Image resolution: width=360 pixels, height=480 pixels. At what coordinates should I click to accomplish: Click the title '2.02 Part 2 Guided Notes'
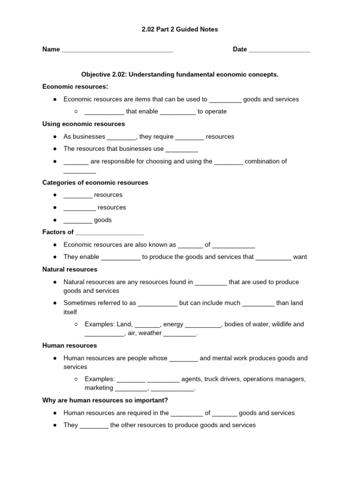click(180, 30)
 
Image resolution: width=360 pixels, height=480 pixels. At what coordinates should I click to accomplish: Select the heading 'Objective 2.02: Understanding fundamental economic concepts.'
click(180, 75)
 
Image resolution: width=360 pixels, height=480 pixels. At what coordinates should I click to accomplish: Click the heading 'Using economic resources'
click(83, 124)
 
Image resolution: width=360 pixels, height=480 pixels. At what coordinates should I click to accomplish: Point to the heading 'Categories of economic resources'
click(95, 183)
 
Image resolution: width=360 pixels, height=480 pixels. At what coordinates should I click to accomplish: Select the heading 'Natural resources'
click(70, 270)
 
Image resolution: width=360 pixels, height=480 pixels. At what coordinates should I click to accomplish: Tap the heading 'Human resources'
click(69, 345)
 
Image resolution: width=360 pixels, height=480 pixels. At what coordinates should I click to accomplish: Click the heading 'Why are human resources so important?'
click(105, 400)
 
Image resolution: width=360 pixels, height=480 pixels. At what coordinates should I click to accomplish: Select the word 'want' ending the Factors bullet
click(300, 257)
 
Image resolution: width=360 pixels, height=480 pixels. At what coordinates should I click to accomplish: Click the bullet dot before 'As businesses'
click(55, 137)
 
